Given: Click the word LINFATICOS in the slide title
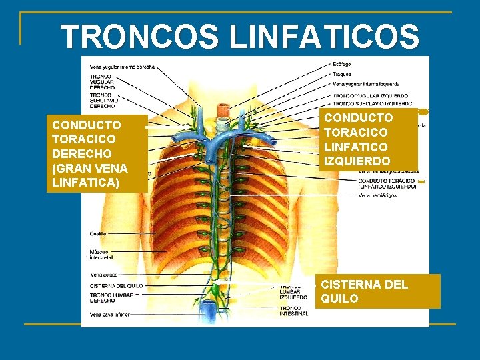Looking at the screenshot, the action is (x=325, y=37).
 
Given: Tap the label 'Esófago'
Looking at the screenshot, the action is (x=343, y=65).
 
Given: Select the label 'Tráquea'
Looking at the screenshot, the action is (x=343, y=75).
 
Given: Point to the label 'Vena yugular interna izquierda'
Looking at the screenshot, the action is (x=365, y=85).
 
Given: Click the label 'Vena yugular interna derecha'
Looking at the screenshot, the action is (x=122, y=67).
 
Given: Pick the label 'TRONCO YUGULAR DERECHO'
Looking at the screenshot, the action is (x=103, y=82).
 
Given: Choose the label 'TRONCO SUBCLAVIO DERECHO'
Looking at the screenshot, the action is (x=103, y=101).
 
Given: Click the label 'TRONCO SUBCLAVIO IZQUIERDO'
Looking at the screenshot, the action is (x=370, y=103).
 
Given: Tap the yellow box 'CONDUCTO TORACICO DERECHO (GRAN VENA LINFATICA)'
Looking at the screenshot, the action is (x=96, y=154).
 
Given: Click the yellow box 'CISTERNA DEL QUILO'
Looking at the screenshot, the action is (x=377, y=291).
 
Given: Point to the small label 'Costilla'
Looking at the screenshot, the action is (x=98, y=233).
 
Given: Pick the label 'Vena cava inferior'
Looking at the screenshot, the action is (x=108, y=314).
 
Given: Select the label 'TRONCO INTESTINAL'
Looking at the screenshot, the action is (x=294, y=311).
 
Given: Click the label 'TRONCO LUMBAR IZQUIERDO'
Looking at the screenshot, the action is (x=294, y=292).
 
